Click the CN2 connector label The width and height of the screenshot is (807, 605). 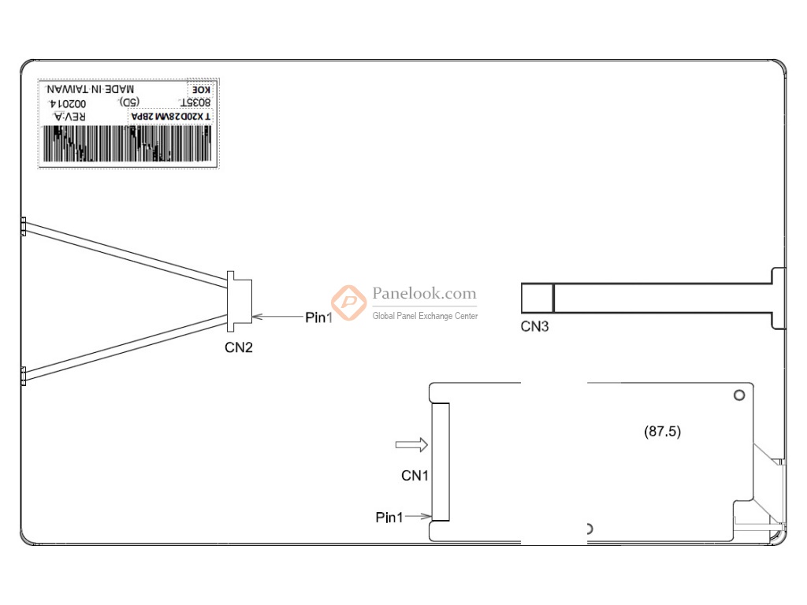click(x=239, y=347)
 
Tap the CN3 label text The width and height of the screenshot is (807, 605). click(x=534, y=326)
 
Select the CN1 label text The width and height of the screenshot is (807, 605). click(x=415, y=476)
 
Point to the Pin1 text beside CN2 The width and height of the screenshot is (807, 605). click(x=319, y=317)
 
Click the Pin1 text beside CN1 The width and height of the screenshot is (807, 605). click(x=389, y=518)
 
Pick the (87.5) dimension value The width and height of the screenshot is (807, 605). click(x=663, y=432)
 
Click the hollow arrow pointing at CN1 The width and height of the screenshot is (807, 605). click(x=411, y=446)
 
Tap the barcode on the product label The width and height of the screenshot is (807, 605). click(x=128, y=145)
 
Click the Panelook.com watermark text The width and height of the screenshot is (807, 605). click(x=424, y=294)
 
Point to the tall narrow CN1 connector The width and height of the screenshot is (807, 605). click(x=441, y=462)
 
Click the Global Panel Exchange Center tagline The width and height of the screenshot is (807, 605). click(x=425, y=316)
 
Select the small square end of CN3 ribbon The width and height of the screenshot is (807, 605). click(x=537, y=298)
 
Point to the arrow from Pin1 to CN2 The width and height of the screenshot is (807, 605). click(x=277, y=317)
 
